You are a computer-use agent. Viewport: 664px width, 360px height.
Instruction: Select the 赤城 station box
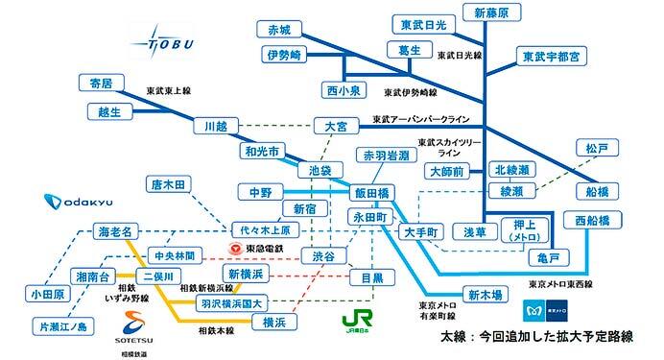click(x=285, y=26)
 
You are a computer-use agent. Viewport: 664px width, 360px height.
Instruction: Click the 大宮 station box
click(x=337, y=126)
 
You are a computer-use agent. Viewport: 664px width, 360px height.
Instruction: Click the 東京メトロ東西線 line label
click(x=560, y=284)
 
